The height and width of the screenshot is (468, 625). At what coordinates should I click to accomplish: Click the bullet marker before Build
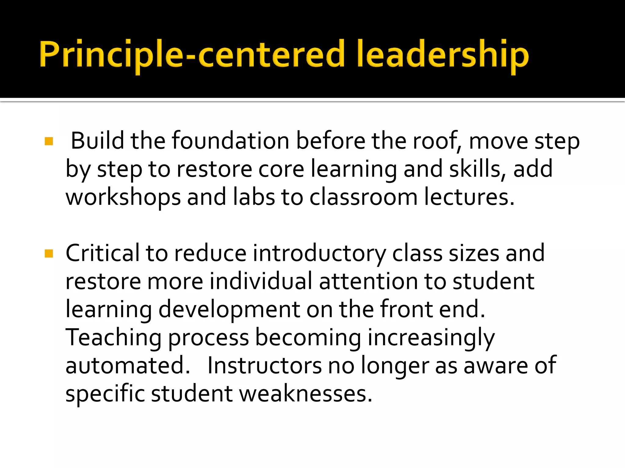49,141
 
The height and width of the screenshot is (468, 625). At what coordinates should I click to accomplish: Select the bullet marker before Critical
49,253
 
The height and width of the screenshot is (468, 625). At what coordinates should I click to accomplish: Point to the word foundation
230,141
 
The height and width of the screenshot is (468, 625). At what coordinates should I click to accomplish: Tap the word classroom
363,197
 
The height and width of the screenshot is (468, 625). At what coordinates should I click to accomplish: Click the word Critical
102,253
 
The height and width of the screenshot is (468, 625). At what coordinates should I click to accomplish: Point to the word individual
261,281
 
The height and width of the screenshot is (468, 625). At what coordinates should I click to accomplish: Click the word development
229,310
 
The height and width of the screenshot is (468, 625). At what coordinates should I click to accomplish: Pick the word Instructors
264,365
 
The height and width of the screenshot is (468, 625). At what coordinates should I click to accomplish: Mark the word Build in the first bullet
97,141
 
